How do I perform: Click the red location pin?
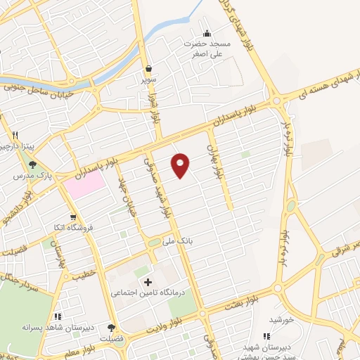click(x=181, y=165)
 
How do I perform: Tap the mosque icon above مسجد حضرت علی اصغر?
click(x=207, y=33)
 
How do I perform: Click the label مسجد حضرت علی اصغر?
click(x=207, y=47)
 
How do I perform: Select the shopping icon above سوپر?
click(x=149, y=69)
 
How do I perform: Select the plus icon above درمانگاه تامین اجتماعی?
click(x=147, y=282)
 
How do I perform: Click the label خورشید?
click(x=280, y=319)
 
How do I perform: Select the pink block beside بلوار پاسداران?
click(x=86, y=184)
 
